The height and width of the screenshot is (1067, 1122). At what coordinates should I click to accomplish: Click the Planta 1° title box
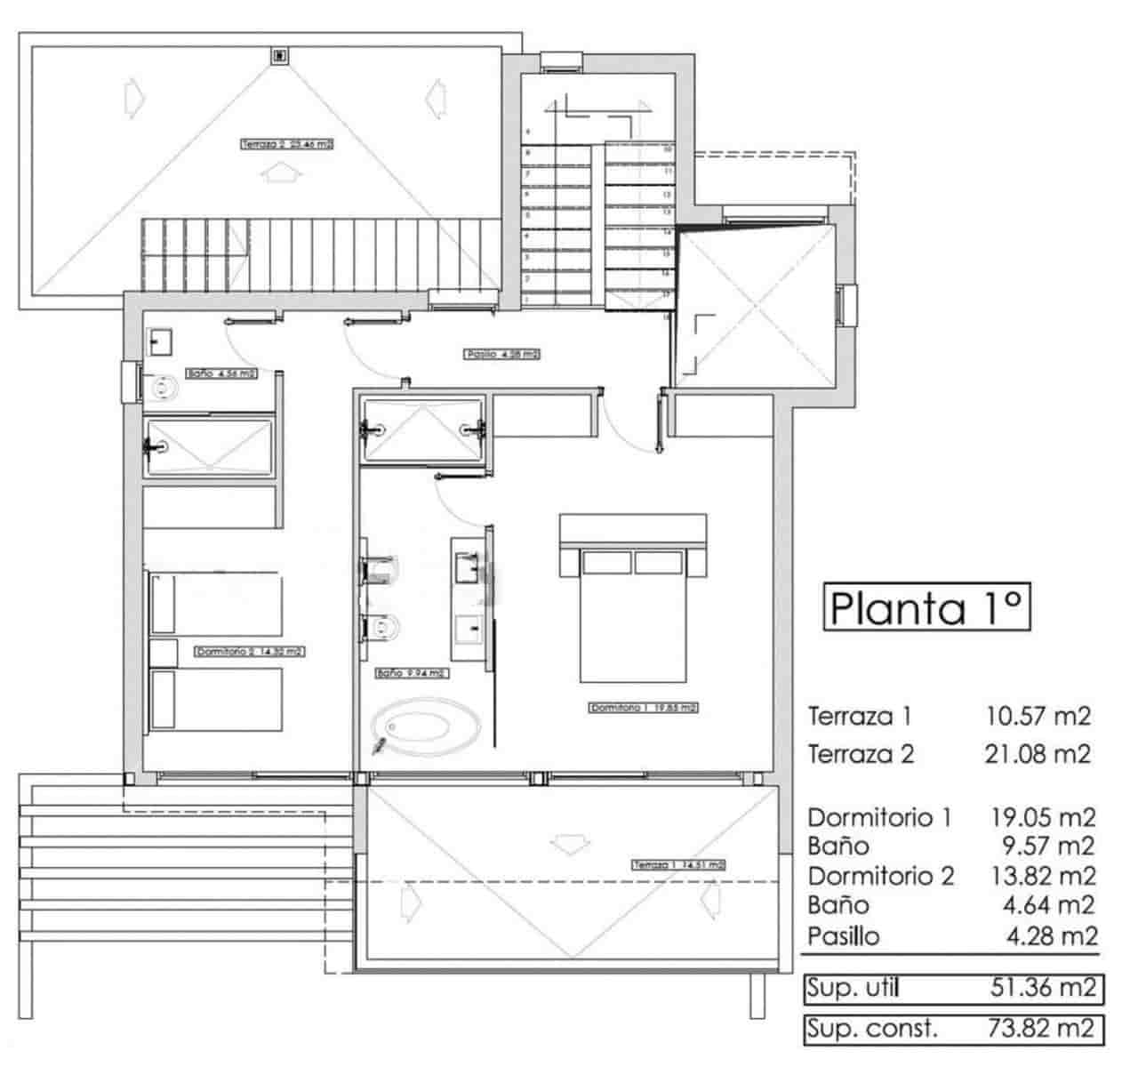tap(927, 607)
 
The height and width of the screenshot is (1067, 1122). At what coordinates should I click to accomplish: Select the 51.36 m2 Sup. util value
tap(1040, 987)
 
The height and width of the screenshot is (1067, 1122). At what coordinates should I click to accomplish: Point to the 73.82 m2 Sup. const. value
tap(1040, 1029)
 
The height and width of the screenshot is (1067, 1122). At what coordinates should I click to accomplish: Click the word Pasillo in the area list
tap(844, 935)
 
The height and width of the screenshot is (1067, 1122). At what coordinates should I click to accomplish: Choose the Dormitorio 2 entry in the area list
tap(880, 876)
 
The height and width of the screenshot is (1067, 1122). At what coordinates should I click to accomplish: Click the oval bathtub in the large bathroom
tap(427, 725)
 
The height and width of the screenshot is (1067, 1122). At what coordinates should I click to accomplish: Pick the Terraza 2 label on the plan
tap(286, 143)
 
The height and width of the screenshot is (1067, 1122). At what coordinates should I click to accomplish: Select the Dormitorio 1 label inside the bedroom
tap(643, 709)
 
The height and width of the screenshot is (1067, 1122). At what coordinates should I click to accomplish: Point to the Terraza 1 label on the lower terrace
tap(678, 864)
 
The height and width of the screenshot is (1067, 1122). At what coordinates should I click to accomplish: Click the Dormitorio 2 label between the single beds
tap(250, 652)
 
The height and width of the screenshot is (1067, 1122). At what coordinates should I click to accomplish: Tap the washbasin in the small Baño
tap(161, 341)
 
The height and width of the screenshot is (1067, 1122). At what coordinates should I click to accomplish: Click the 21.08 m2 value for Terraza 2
tap(1037, 755)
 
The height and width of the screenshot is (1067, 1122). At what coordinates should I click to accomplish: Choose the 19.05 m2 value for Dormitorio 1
tap(1042, 817)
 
